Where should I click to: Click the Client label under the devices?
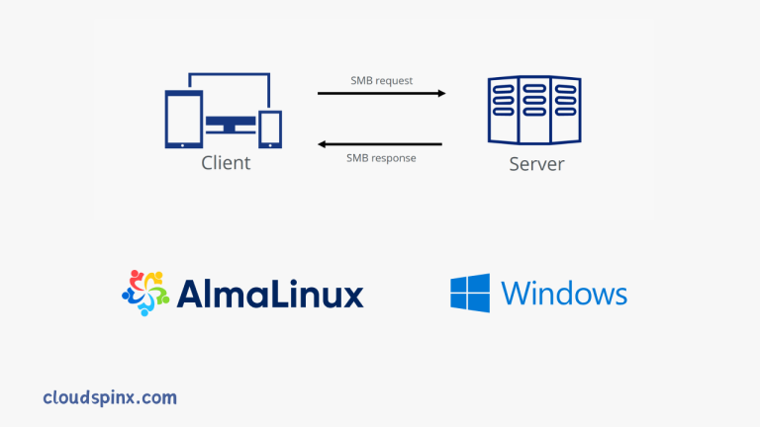(x=226, y=163)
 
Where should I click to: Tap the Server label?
(x=536, y=163)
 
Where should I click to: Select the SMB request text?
(x=381, y=80)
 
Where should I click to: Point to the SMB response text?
(x=381, y=157)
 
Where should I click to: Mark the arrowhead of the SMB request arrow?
(x=440, y=94)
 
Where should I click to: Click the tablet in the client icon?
(x=184, y=118)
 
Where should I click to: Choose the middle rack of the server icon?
(x=535, y=110)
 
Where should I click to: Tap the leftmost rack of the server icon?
(x=505, y=110)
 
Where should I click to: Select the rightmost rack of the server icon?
(x=566, y=110)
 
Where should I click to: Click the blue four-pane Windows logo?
(x=471, y=294)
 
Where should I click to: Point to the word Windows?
(x=563, y=294)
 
